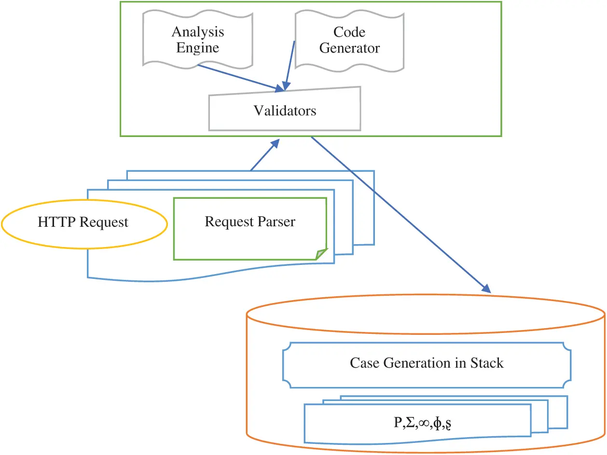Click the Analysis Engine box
197,39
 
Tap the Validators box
285,110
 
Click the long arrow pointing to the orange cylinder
400,215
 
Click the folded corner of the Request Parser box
322,254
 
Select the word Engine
197,48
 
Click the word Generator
349,48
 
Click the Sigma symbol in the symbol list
408,423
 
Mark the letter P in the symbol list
397,423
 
